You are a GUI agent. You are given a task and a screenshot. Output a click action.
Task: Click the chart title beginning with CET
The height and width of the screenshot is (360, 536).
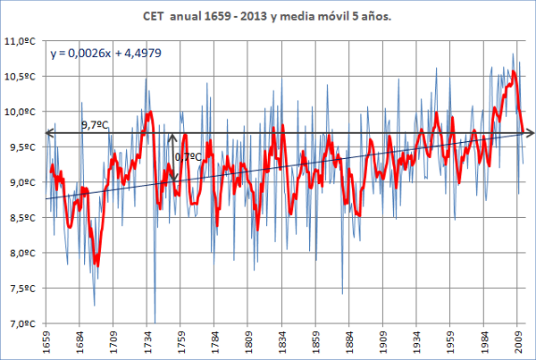(x=268, y=17)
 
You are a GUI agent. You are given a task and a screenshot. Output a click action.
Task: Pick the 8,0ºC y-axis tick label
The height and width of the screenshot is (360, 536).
(x=24, y=254)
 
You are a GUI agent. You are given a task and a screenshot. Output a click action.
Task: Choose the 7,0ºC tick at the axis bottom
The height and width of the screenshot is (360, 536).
(x=24, y=324)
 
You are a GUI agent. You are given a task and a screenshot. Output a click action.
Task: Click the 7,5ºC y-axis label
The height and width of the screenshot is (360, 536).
(x=24, y=289)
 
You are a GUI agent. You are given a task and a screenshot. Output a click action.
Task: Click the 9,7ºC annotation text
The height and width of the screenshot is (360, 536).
(x=96, y=126)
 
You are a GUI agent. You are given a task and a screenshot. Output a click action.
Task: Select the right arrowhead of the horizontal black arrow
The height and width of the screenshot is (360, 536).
(x=529, y=134)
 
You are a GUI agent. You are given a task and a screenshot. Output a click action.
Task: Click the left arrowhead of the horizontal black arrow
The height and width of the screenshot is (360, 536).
(x=50, y=134)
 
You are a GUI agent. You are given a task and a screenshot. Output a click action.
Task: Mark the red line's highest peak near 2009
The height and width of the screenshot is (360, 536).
(x=514, y=71)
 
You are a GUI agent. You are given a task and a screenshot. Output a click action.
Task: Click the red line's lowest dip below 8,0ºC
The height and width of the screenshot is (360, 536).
(x=96, y=265)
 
